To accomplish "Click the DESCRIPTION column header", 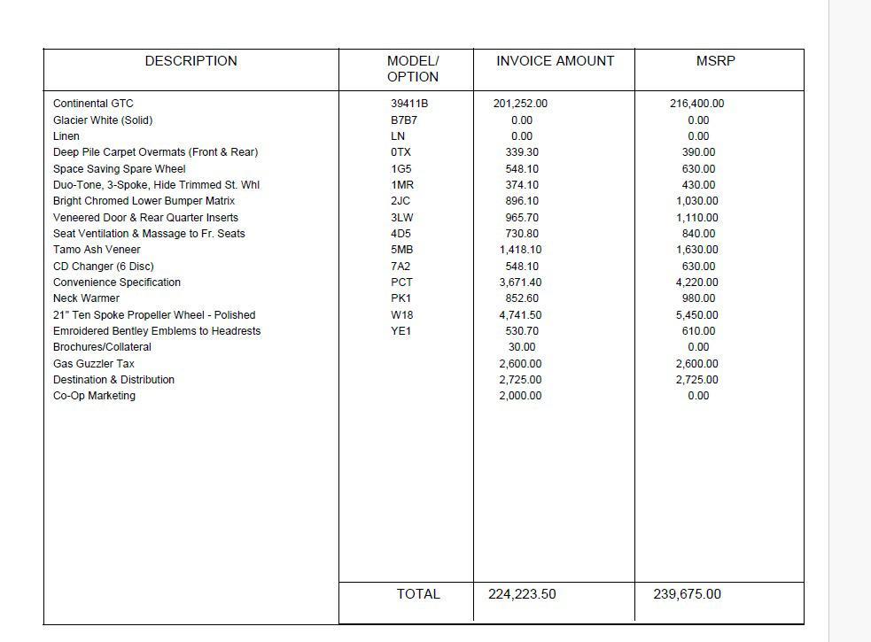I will (x=191, y=61).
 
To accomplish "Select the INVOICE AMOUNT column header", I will (x=555, y=61).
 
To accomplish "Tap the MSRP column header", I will (x=716, y=61).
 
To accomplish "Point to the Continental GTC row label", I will (x=93, y=104).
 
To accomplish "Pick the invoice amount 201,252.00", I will (x=520, y=104).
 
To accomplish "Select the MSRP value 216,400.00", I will (x=696, y=104).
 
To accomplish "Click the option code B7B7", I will (x=404, y=120).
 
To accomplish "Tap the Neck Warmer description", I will (x=86, y=298).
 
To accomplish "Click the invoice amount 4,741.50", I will (x=520, y=314).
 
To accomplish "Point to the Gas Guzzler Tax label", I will (x=94, y=363).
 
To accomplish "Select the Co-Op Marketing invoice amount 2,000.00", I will (x=520, y=396).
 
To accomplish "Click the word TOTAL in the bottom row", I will (x=418, y=594).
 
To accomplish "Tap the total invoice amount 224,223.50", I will (x=522, y=594).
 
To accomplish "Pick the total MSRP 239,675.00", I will (x=688, y=594).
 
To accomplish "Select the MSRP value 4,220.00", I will (x=698, y=282).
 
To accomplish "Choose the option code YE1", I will (x=401, y=331).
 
